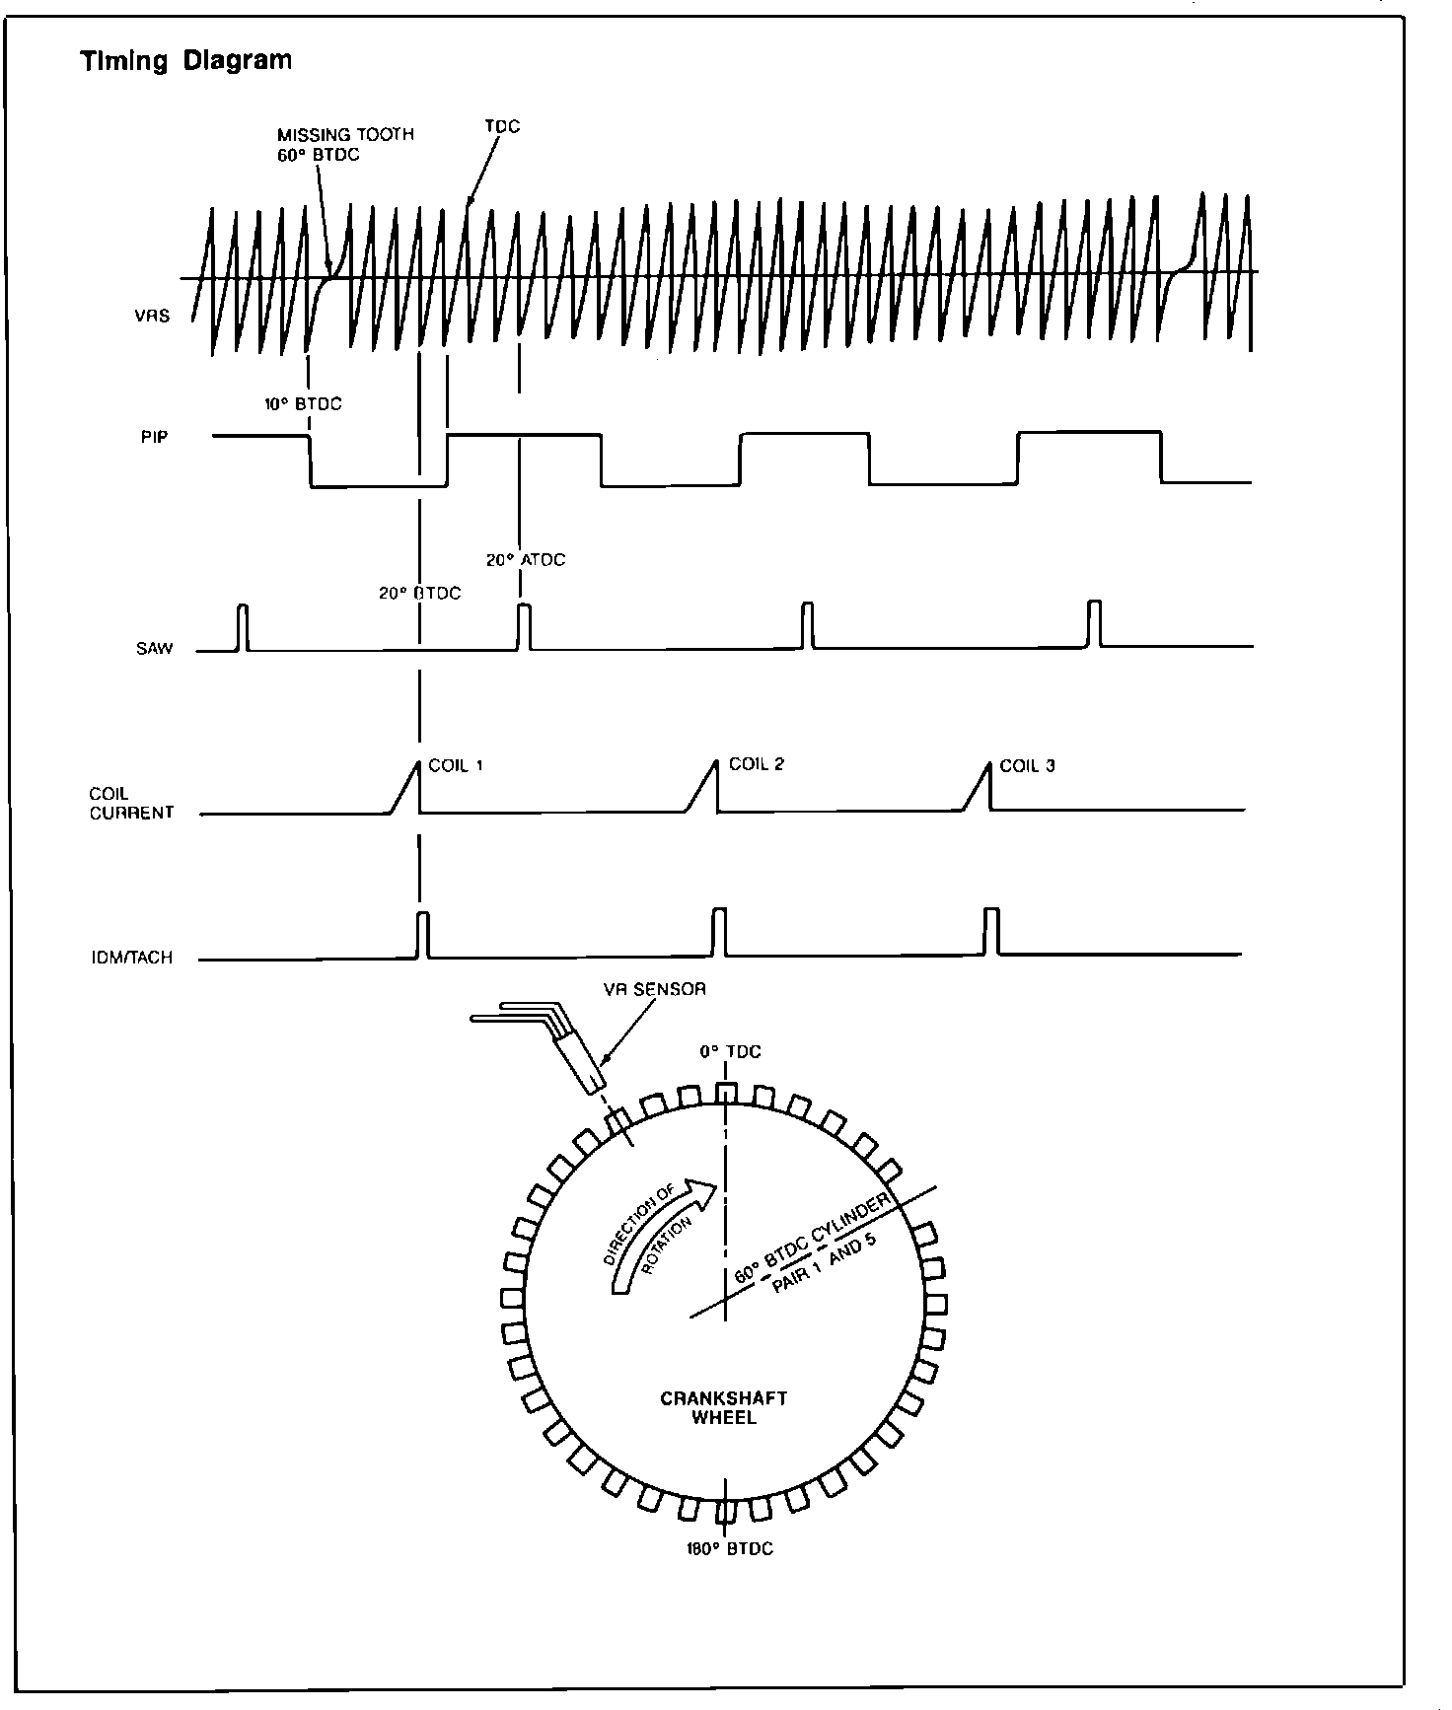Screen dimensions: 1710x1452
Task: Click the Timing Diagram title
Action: [x=185, y=61]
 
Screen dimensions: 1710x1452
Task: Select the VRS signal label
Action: [x=152, y=317]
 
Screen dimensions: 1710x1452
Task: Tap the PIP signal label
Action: [x=154, y=437]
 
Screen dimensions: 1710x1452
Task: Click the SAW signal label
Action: [x=155, y=648]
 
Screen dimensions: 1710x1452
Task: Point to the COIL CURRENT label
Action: [x=131, y=803]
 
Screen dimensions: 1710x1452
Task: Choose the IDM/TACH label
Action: [x=131, y=957]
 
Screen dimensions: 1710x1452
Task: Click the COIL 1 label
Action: [x=456, y=765]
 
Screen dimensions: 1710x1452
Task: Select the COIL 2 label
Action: [x=756, y=764]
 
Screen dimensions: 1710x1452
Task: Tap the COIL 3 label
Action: [x=1027, y=765]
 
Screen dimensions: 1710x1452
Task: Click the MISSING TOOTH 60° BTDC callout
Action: [x=345, y=144]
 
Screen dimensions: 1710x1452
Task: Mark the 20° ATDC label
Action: [x=526, y=560]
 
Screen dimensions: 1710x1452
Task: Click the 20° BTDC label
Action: [x=419, y=594]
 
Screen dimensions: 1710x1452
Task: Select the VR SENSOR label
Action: [x=655, y=989]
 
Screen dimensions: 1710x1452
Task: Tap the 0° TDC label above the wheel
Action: [x=731, y=1052]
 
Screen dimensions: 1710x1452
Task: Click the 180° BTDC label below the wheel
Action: [x=729, y=1548]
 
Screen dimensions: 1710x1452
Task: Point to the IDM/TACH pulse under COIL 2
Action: [x=720, y=932]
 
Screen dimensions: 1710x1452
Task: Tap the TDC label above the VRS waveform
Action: [x=502, y=127]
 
